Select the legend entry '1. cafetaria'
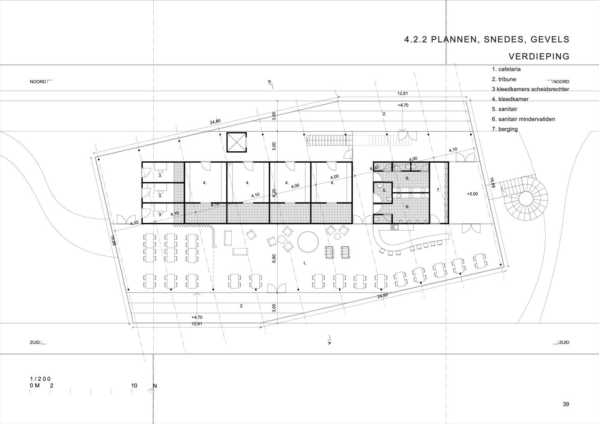coord(506,69)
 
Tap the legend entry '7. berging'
coord(505,129)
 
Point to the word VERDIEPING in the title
coord(539,57)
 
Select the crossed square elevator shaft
coord(236,142)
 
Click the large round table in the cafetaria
coord(308,241)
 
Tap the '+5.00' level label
coord(472,194)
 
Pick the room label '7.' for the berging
coord(438,190)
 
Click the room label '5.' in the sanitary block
coord(384,190)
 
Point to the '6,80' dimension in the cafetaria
coord(274,258)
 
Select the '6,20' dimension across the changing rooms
coord(274,193)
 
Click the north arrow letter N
coord(154,386)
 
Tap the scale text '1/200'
coord(40,379)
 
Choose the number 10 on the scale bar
coord(134,385)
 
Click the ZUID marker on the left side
coord(35,342)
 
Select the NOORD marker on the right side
coord(561,82)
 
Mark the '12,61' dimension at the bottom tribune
coord(197,324)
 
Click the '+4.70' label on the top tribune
coord(403,105)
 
